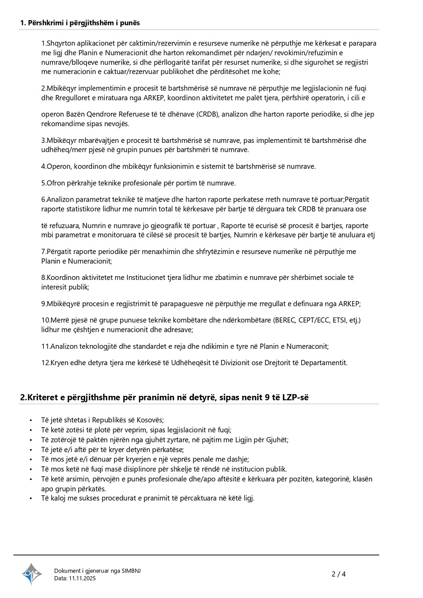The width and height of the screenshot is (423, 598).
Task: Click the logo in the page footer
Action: click(32, 574)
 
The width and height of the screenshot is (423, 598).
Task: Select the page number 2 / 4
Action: click(338, 574)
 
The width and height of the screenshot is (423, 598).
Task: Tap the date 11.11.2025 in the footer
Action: click(82, 578)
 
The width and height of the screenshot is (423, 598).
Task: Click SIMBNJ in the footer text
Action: click(131, 570)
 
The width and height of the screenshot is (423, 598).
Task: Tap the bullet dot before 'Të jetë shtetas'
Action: click(31, 420)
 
